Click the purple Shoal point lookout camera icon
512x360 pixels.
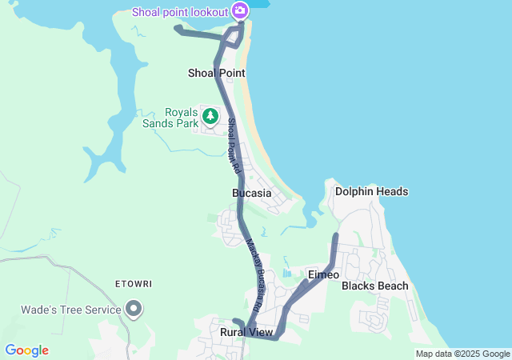coord(239,10)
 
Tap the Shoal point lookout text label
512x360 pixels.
coord(181,11)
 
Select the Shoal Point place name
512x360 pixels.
coord(216,73)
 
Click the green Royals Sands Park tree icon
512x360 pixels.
coord(210,117)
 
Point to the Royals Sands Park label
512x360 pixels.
coord(168,118)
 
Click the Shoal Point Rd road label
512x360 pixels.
coord(233,146)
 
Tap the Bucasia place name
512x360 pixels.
coord(252,193)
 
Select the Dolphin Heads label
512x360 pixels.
coord(372,191)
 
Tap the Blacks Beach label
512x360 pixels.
coord(375,286)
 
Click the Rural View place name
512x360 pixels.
coord(246,331)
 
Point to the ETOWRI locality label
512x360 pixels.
coord(134,284)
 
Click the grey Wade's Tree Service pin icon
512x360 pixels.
coord(134,309)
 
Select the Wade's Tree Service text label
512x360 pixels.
coord(71,310)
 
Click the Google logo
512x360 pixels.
coord(26,350)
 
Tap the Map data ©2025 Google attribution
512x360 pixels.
coord(462,354)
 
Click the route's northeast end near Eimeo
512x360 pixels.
coord(336,236)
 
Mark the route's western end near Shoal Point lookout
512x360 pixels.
coord(178,29)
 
